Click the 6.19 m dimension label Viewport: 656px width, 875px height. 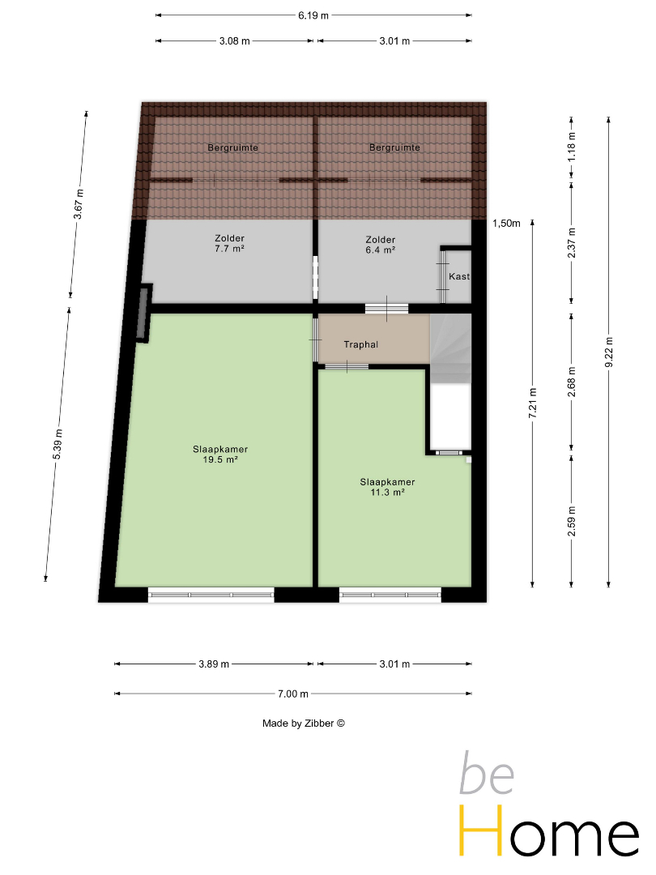313,15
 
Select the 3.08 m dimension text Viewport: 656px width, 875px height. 234,41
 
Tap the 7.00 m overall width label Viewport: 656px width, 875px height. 293,694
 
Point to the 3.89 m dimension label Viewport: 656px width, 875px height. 214,664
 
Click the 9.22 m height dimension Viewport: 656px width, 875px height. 609,352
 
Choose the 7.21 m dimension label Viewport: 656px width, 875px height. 533,403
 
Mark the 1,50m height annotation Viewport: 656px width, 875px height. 506,224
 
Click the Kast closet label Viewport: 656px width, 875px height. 459,276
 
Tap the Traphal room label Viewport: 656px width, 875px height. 361,344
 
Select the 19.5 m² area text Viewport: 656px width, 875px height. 220,460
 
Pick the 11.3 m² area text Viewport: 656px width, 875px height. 387,493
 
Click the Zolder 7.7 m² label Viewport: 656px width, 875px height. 230,243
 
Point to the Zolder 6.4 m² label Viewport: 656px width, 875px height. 381,245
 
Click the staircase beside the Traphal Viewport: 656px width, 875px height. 451,348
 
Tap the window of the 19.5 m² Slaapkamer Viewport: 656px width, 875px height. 211,595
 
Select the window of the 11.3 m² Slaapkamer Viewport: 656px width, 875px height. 390,595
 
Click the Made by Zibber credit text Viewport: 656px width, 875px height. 304,723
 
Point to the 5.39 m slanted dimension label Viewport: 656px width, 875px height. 58,444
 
